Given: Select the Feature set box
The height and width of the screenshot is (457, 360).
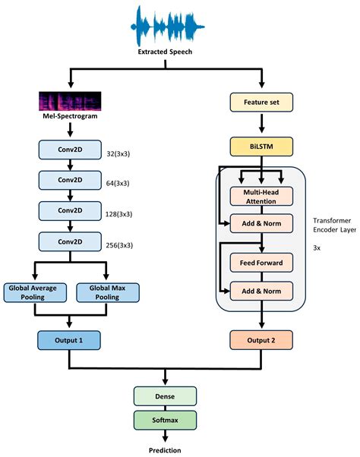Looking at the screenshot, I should pyautogui.click(x=261, y=102).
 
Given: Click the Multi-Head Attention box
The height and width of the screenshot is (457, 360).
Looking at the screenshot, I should pyautogui.click(x=261, y=197).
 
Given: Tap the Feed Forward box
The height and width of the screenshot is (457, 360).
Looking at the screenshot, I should pyautogui.click(x=261, y=263).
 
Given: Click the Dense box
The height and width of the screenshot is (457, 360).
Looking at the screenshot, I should pyautogui.click(x=165, y=395).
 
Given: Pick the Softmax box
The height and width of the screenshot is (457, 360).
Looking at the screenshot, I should pyautogui.click(x=165, y=418).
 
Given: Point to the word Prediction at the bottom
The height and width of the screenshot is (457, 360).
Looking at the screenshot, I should pyautogui.click(x=165, y=449).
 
